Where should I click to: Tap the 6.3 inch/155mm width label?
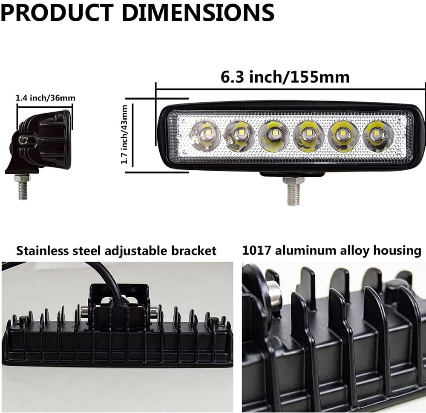[x=285, y=77]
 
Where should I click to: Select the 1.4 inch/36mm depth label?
[x=45, y=98]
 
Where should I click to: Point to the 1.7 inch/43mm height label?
[x=124, y=135]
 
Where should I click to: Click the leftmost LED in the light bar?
[x=204, y=135]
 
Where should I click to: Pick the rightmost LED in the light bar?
[x=378, y=135]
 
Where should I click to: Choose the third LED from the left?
[x=273, y=135]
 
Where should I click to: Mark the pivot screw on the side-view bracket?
[x=26, y=139]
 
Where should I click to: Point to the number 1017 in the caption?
[x=257, y=250]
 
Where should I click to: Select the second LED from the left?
[x=239, y=135]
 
